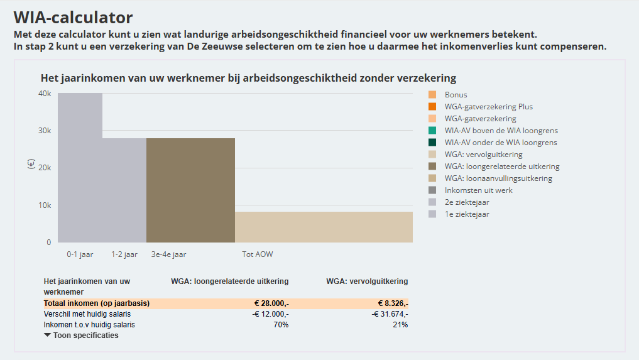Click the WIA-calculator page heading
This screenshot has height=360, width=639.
coord(73,17)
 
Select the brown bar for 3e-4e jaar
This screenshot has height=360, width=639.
coord(190,190)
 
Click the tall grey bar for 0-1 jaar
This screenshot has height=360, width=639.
coord(80,167)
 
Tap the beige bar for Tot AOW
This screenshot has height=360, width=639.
coord(324,227)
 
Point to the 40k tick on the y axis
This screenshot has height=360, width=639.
coord(45,94)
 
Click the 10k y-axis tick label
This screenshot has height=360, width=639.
coord(45,205)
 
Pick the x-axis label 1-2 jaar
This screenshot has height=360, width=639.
coord(124,254)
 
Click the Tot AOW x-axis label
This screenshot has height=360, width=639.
coord(258,254)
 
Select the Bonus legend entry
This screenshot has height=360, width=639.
coord(456,95)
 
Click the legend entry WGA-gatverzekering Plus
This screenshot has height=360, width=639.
coord(488,107)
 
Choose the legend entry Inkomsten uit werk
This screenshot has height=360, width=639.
coord(478,190)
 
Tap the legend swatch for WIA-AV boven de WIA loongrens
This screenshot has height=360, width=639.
coord(432,131)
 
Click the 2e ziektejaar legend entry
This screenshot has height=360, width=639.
coord(467,202)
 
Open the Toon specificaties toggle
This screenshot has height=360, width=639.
coord(81,335)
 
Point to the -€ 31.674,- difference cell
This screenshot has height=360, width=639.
coord(390,314)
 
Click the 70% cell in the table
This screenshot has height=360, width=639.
coord(280,325)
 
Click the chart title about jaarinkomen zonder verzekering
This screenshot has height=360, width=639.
coord(248,78)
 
